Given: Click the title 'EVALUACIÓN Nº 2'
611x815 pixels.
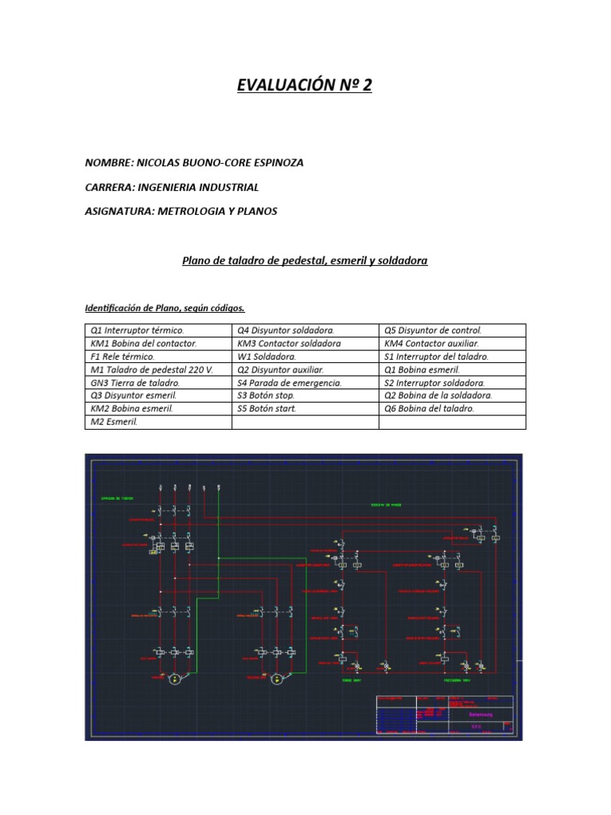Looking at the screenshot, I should point(304,85).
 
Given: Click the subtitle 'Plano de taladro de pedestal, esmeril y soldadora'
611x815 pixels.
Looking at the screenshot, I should point(305,259).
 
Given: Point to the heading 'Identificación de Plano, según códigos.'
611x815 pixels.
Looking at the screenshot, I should point(165,308).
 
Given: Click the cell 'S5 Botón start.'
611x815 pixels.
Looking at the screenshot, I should point(267,408).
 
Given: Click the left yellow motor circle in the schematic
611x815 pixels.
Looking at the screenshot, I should point(173,679).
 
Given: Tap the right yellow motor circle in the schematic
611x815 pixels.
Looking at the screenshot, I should point(276,679).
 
